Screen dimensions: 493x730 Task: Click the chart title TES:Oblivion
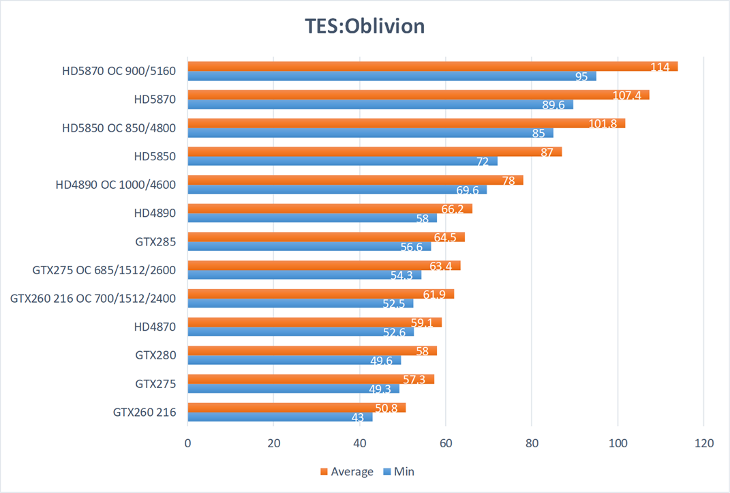[x=365, y=26]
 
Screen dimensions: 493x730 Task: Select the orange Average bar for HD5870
[x=418, y=95]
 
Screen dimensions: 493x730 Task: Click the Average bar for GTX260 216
[x=296, y=408]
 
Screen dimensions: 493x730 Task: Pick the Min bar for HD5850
[x=342, y=161]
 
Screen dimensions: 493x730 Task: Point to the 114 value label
[x=660, y=67]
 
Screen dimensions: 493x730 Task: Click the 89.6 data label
[x=553, y=105]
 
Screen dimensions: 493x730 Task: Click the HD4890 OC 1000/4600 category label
[x=116, y=184]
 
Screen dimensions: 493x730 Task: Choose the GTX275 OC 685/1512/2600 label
[x=104, y=270]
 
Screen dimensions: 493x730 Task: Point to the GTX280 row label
[x=155, y=355]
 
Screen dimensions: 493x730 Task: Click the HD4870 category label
[x=155, y=327]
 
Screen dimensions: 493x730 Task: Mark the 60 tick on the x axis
[x=446, y=443]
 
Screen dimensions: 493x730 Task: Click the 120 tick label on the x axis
[x=703, y=443]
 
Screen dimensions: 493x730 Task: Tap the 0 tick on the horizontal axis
[x=188, y=443]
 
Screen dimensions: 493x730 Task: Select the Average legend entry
[x=346, y=471]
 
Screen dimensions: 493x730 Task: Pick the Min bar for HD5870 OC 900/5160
[x=392, y=76]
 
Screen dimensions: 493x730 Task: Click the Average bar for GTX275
[x=311, y=379]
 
